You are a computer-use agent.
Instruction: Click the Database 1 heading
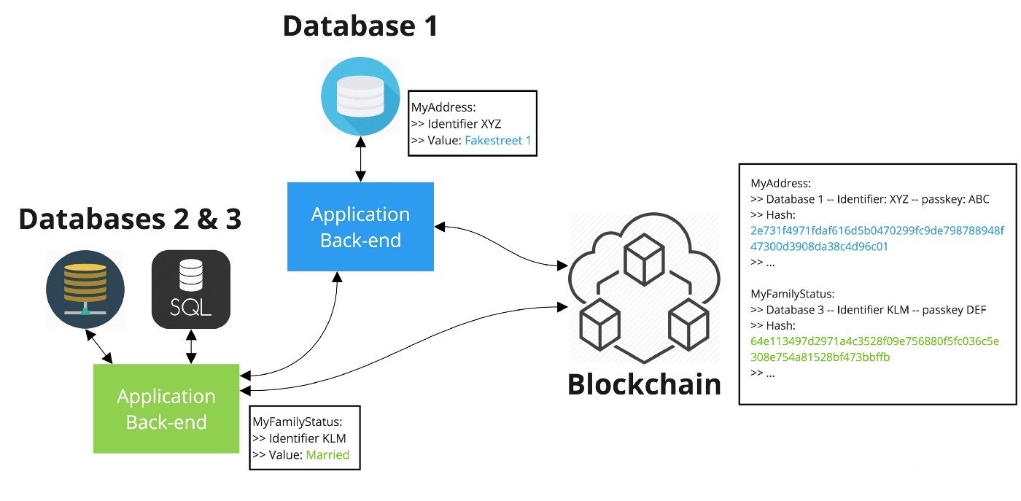tap(360, 26)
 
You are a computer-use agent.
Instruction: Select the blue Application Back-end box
tap(360, 227)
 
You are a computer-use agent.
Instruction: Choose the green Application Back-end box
tap(166, 408)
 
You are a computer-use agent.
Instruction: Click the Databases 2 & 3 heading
tap(129, 218)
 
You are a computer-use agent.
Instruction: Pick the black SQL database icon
tap(191, 289)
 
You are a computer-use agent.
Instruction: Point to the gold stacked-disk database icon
tap(85, 290)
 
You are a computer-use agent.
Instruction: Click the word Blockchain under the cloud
tap(644, 384)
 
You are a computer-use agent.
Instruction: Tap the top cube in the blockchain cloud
tap(644, 259)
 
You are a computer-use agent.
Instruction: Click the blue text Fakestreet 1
tap(498, 140)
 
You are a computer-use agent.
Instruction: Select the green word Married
tap(327, 455)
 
